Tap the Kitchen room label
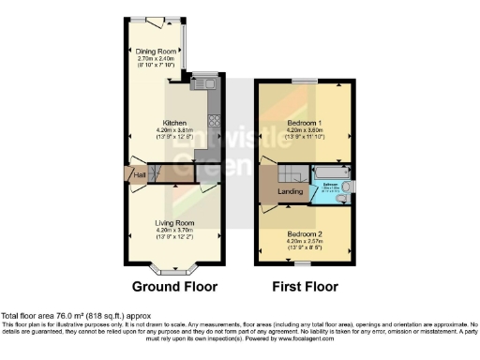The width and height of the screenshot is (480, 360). [173, 123]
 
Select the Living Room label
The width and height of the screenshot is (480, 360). [173, 222]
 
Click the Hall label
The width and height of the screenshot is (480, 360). [140, 174]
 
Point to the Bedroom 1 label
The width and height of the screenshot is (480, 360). [305, 123]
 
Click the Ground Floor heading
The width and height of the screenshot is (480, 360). [173, 286]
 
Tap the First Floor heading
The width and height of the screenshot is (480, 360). [305, 286]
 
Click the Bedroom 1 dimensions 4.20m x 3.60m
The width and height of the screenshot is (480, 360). [305, 130]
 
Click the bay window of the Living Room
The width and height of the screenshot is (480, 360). [173, 269]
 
